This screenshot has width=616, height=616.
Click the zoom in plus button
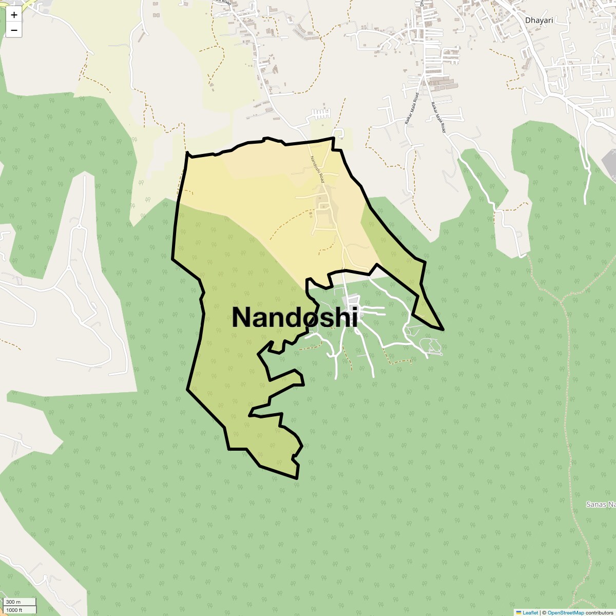click(14, 15)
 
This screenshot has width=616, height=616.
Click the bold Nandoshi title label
click(295, 317)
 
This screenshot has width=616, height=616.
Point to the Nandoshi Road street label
click(316, 169)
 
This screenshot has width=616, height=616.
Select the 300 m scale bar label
click(14, 602)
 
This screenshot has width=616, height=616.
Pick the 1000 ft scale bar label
click(14, 610)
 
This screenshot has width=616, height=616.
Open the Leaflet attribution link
click(530, 612)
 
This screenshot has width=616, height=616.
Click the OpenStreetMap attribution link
click(566, 612)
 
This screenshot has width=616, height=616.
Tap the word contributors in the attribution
click(600, 612)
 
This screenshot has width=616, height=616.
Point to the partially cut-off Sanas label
click(601, 505)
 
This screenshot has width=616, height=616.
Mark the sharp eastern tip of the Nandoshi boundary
click(442, 329)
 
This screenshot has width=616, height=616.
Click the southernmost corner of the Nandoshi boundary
click(297, 478)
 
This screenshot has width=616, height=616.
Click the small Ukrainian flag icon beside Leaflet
click(519, 612)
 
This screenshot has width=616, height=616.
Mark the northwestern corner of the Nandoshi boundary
click(187, 153)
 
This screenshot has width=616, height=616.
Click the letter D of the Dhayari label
click(528, 21)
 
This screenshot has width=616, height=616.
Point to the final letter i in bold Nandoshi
click(354, 317)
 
